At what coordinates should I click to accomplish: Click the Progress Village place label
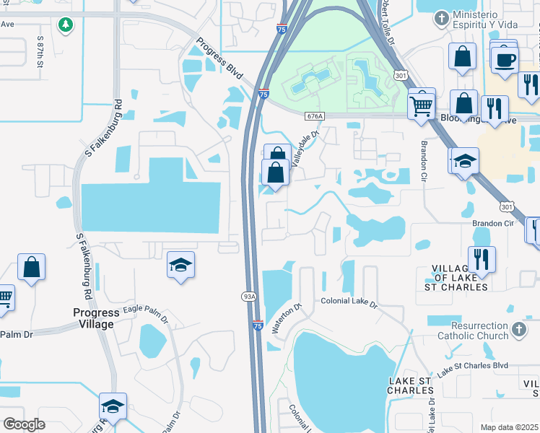(96, 318)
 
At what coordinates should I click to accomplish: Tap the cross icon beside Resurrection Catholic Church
(518, 331)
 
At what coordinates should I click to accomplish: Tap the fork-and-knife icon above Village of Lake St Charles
(481, 258)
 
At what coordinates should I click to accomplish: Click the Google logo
(24, 424)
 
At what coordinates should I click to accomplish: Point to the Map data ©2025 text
(510, 427)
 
